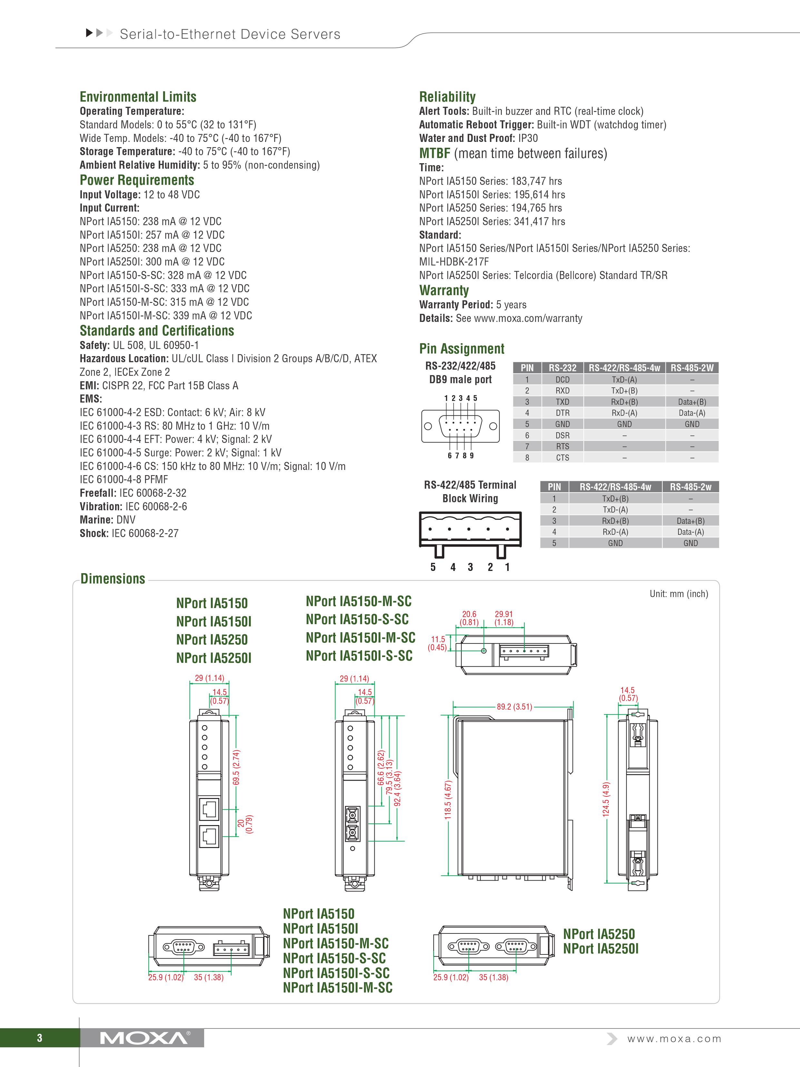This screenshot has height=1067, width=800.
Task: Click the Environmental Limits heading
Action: [x=138, y=97]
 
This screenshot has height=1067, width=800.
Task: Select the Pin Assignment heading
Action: [x=461, y=349]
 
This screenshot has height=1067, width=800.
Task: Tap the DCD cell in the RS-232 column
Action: [x=562, y=380]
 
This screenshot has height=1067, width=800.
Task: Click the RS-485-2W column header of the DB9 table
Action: [x=692, y=368]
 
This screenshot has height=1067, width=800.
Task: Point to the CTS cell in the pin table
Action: [x=562, y=457]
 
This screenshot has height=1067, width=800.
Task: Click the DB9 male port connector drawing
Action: [x=460, y=426]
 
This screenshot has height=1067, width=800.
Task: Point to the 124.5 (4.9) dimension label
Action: [x=606, y=799]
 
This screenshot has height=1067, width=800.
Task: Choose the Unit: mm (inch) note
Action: [x=678, y=594]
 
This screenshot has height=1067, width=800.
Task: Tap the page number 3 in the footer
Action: [x=40, y=1038]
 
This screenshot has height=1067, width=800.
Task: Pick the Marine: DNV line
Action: [x=107, y=520]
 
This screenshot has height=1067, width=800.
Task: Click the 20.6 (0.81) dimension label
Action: [x=469, y=618]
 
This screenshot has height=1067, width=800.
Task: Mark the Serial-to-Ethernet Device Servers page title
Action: [x=230, y=34]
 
